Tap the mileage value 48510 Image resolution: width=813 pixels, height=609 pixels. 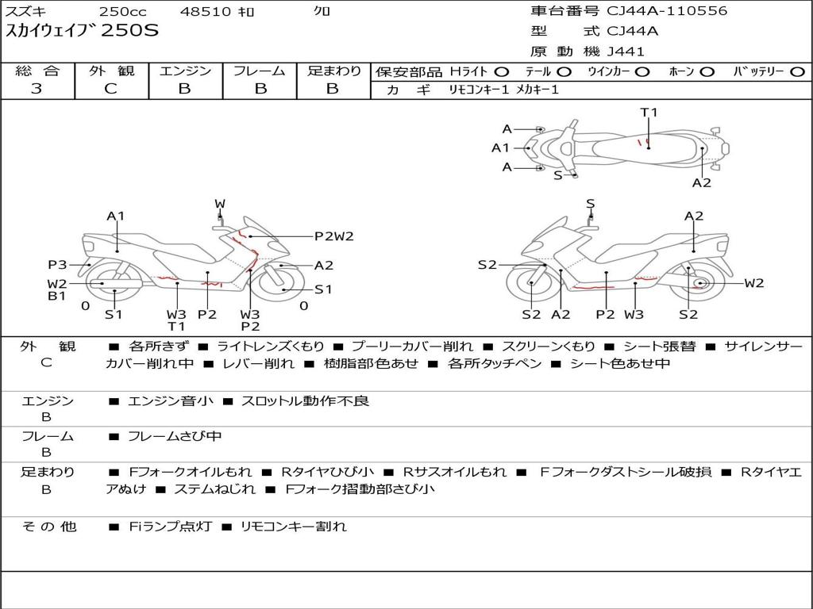(x=205, y=12)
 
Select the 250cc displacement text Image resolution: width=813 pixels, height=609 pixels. (x=122, y=12)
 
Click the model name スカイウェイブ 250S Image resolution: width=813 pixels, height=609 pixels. (x=83, y=32)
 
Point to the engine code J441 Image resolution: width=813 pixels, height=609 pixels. (x=626, y=52)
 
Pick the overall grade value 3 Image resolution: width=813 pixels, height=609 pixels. (x=37, y=89)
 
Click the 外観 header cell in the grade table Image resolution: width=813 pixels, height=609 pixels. (x=111, y=71)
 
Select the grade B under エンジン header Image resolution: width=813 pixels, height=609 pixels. (x=184, y=89)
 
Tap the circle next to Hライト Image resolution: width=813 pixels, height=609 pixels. (x=502, y=72)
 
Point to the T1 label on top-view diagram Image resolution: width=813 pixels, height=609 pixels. (x=649, y=113)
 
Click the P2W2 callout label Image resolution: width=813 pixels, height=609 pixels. (x=333, y=236)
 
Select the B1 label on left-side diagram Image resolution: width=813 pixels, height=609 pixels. (x=56, y=297)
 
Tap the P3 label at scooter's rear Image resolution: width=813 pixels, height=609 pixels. (x=57, y=265)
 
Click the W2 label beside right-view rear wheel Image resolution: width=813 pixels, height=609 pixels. (x=753, y=283)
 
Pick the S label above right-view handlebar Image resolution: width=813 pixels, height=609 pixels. (x=590, y=205)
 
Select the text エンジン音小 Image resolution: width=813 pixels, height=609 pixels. (x=171, y=401)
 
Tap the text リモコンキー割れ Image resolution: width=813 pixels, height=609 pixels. (x=293, y=527)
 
